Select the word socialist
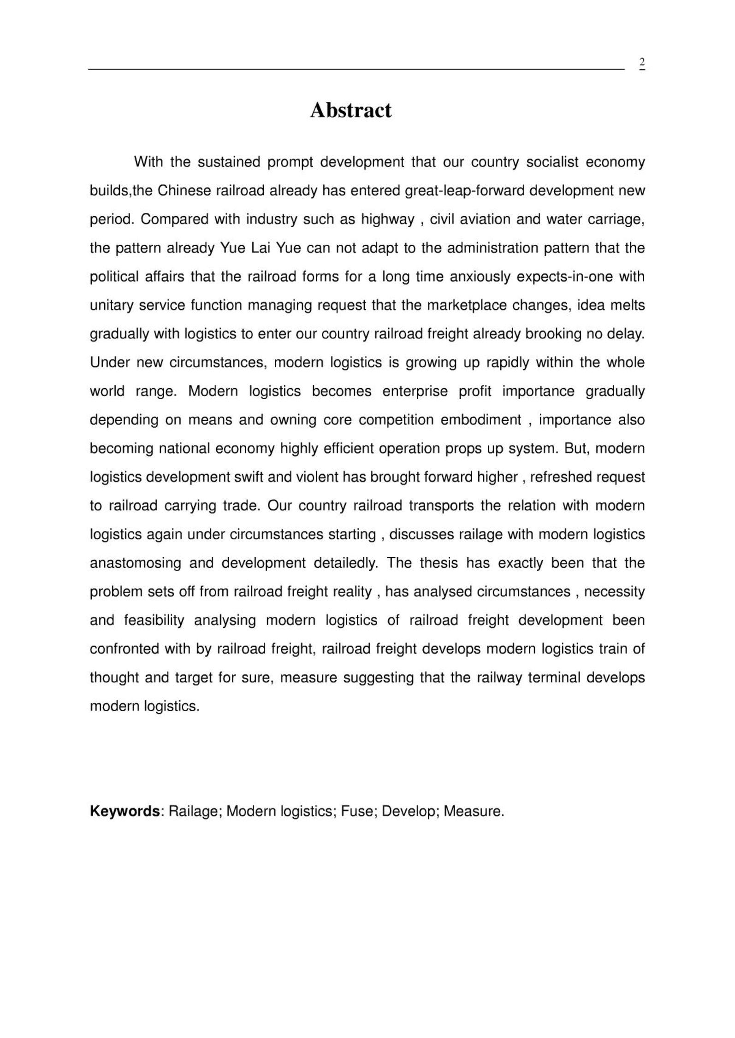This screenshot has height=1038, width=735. coord(552,162)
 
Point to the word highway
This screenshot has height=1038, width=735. coord(387,219)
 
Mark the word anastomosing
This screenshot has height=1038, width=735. coord(135,563)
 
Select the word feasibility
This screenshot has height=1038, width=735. coord(154,620)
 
